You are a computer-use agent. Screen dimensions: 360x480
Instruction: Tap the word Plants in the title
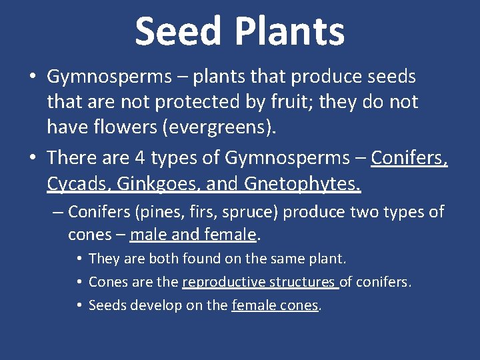[290, 31]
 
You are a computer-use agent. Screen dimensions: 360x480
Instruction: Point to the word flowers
[123, 127]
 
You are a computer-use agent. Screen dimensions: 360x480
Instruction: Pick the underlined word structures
[303, 282]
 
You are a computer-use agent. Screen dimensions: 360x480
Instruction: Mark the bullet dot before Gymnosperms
[33, 77]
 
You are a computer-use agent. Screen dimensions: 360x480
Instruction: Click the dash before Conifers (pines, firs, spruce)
[57, 213]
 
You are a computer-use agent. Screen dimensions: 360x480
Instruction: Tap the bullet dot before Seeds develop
[79, 306]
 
